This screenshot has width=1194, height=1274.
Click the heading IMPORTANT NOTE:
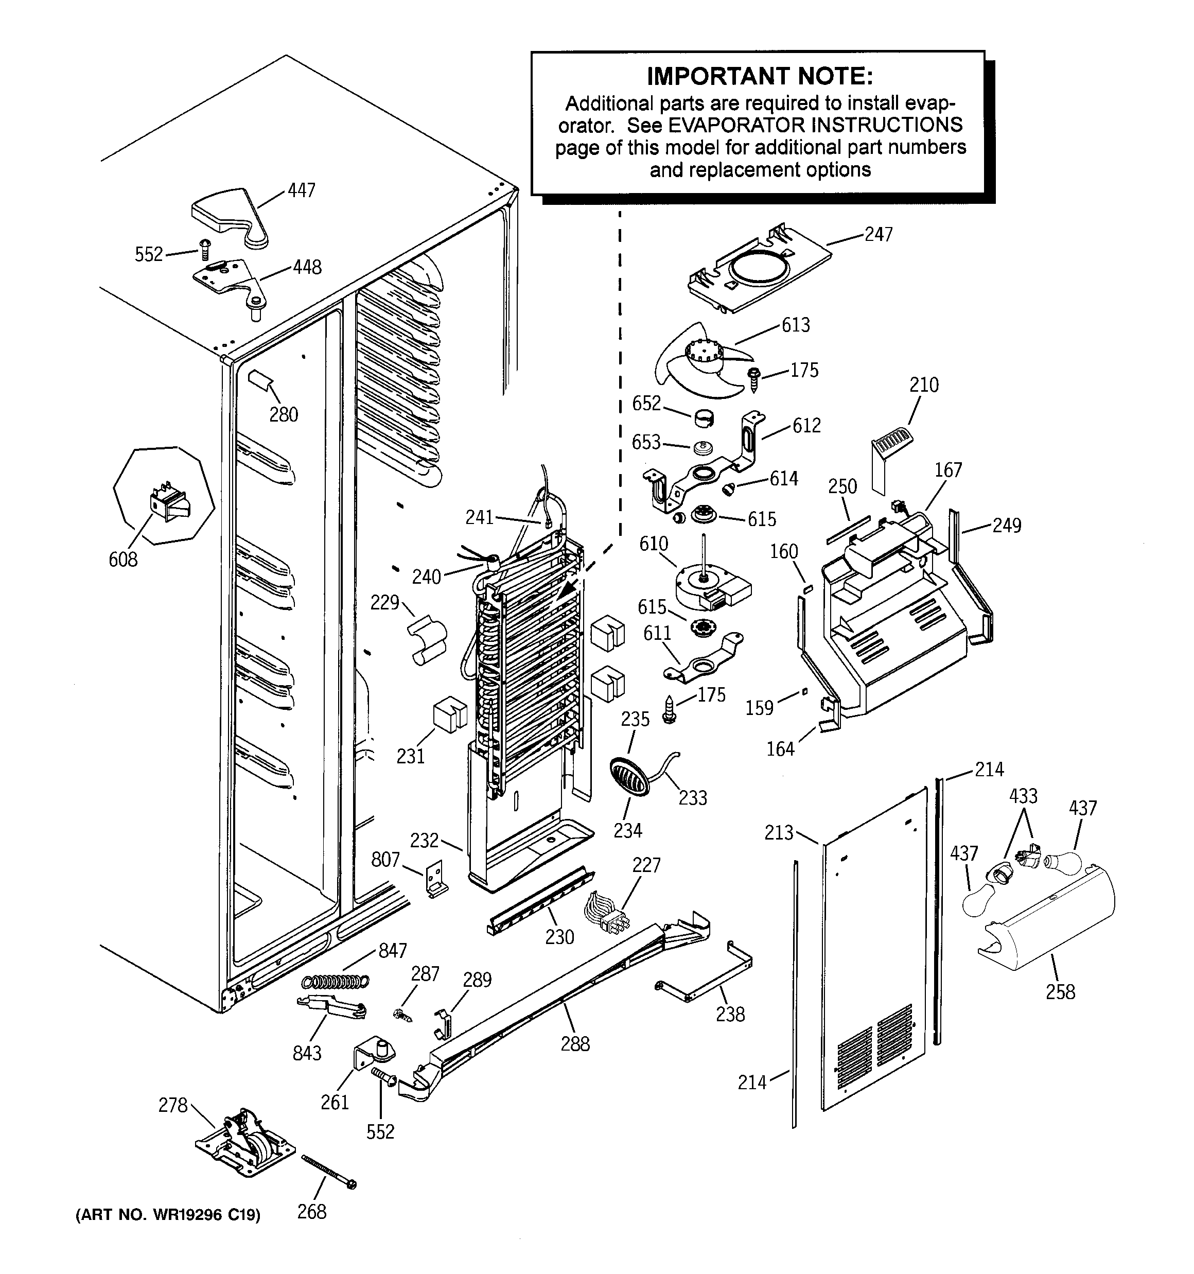[x=760, y=76]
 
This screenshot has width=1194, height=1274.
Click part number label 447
[x=301, y=190]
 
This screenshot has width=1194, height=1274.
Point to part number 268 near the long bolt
[x=311, y=1212]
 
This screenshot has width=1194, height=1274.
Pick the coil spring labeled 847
[x=335, y=981]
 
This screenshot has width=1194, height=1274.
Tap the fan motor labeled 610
[x=708, y=587]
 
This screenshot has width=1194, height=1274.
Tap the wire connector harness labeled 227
[x=606, y=915]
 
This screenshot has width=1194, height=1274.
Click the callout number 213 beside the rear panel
[x=779, y=832]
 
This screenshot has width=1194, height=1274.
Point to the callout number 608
[x=123, y=560]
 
